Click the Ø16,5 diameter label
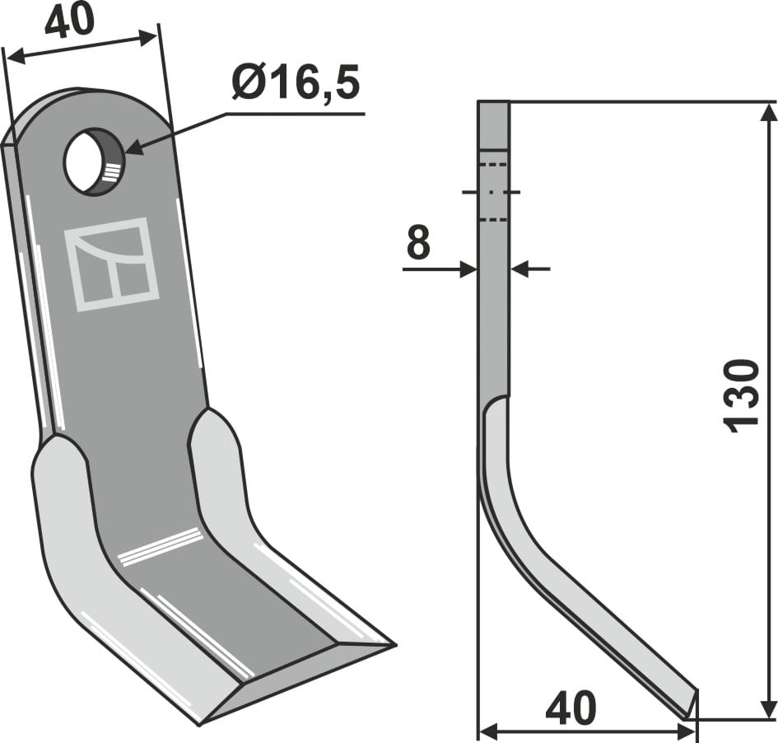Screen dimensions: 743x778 (296, 84)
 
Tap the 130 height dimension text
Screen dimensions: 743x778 (743, 394)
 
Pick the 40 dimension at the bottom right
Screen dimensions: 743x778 (571, 708)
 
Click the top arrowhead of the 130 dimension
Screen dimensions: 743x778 (768, 111)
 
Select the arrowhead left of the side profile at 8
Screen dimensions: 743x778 (468, 269)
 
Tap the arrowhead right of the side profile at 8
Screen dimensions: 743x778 (519, 269)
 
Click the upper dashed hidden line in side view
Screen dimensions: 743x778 (492, 166)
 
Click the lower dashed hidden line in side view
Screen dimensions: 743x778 (492, 220)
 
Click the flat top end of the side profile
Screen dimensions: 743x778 (493, 103)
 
